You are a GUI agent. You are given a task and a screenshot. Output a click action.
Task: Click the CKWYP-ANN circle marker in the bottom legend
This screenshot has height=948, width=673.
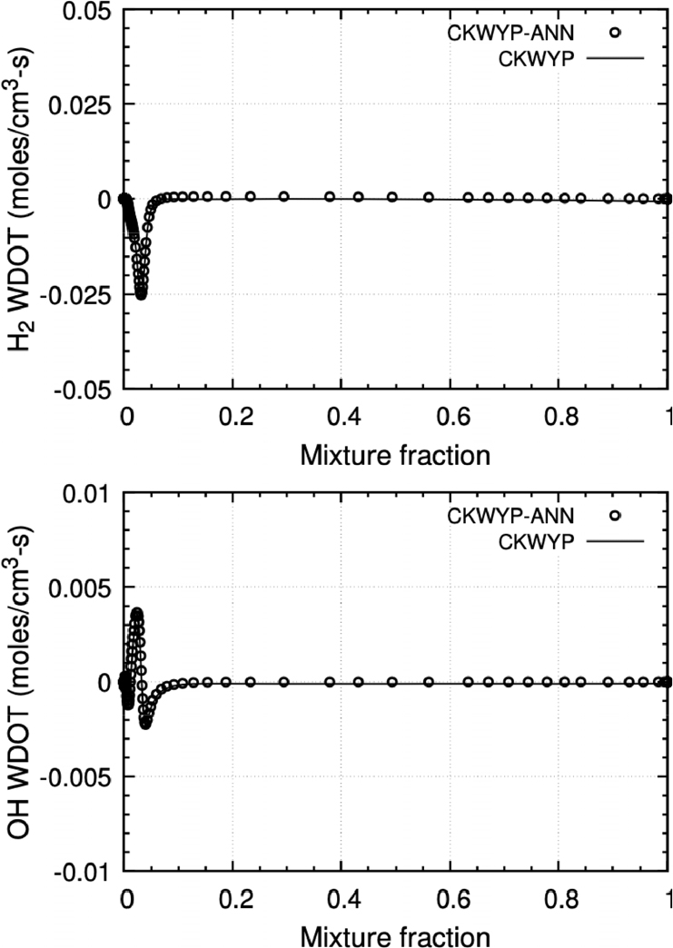615,515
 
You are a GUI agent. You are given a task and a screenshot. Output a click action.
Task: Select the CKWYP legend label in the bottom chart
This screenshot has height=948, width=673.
545,540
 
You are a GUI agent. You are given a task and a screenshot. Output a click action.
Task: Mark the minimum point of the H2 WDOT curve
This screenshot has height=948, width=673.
141,294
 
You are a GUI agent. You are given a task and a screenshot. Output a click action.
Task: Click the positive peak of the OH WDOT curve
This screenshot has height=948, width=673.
137,614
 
